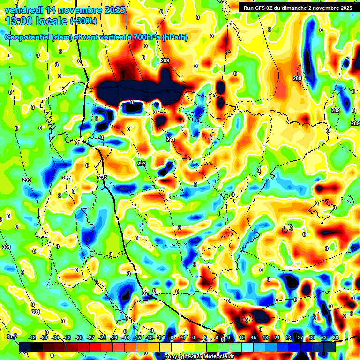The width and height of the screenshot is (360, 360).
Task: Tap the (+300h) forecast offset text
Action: (83, 21)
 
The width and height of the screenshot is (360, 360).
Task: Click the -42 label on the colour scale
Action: (32, 337)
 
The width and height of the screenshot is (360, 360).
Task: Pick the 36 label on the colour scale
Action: (336, 337)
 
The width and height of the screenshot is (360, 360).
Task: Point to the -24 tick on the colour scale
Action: (102, 337)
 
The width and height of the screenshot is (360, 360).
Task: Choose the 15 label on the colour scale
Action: (253, 337)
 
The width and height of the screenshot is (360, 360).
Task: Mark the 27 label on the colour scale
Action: (300, 337)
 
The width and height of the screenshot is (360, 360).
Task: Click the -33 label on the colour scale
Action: (67, 337)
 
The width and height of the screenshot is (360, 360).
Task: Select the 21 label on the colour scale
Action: (277, 337)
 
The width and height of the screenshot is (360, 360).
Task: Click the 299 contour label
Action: (27, 180)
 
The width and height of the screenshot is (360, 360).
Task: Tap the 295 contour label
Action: (103, 176)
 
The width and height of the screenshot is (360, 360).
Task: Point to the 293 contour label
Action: (142, 164)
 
